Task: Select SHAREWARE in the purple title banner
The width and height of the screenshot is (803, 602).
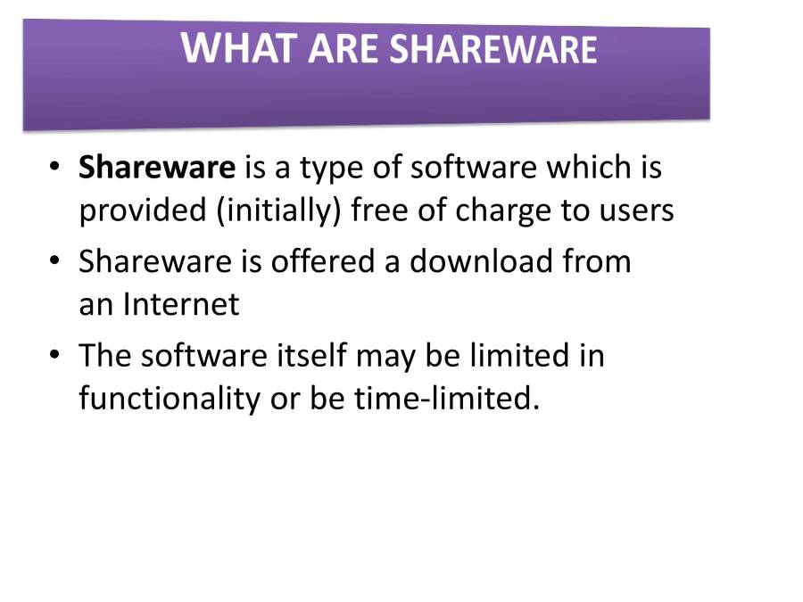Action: [493, 49]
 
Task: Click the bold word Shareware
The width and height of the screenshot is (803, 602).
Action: [157, 168]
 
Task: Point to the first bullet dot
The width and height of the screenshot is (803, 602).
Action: [54, 167]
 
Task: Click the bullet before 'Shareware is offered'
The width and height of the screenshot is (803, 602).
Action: [54, 260]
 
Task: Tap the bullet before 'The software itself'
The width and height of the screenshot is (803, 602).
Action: [54, 355]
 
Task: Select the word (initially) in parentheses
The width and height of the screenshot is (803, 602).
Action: [278, 210]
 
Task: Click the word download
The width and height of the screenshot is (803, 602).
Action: [482, 261]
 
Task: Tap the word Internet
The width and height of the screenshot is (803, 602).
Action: [181, 305]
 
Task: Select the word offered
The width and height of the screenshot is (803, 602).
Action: [323, 261]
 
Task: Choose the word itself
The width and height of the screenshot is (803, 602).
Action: [312, 356]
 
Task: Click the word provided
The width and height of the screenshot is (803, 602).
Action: [143, 211]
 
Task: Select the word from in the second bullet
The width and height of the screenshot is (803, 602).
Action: [597, 261]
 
